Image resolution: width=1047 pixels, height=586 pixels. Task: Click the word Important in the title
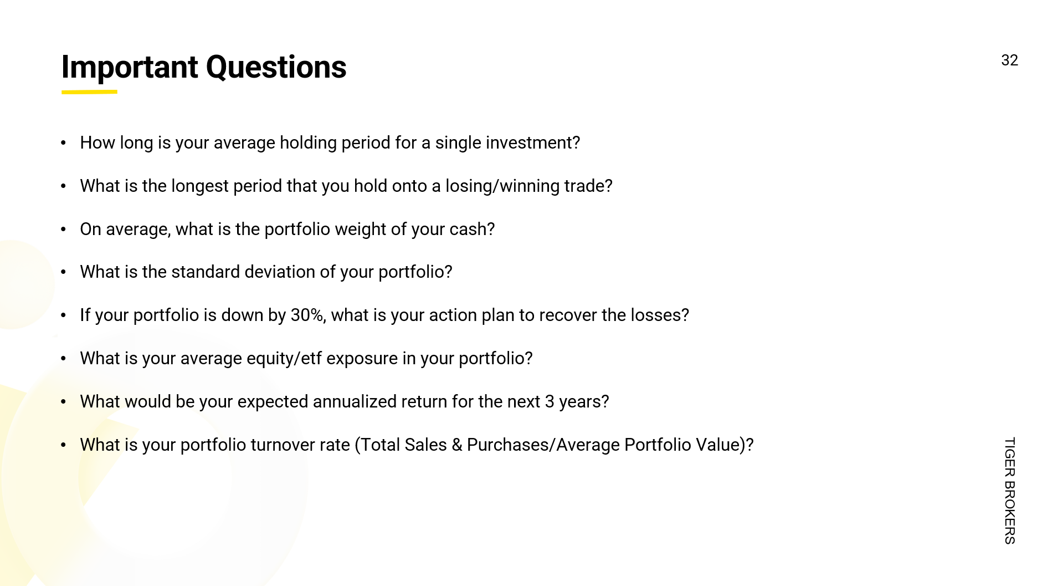pyautogui.click(x=130, y=68)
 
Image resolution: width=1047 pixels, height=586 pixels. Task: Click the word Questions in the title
pyautogui.click(x=276, y=68)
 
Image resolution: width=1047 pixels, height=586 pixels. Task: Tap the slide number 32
pyautogui.click(x=1009, y=60)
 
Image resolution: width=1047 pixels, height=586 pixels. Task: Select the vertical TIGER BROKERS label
pyautogui.click(x=1010, y=491)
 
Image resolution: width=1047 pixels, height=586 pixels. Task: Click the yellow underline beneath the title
pyautogui.click(x=89, y=92)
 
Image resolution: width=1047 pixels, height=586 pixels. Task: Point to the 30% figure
pyautogui.click(x=307, y=315)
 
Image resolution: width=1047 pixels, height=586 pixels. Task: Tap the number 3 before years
pyautogui.click(x=550, y=401)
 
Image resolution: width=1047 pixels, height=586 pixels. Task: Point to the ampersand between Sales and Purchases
pyautogui.click(x=457, y=445)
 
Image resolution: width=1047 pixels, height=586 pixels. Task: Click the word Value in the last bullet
pyautogui.click(x=717, y=445)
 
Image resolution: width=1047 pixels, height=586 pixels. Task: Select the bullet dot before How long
pyautogui.click(x=64, y=143)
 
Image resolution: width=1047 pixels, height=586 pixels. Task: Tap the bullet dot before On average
pyautogui.click(x=64, y=229)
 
